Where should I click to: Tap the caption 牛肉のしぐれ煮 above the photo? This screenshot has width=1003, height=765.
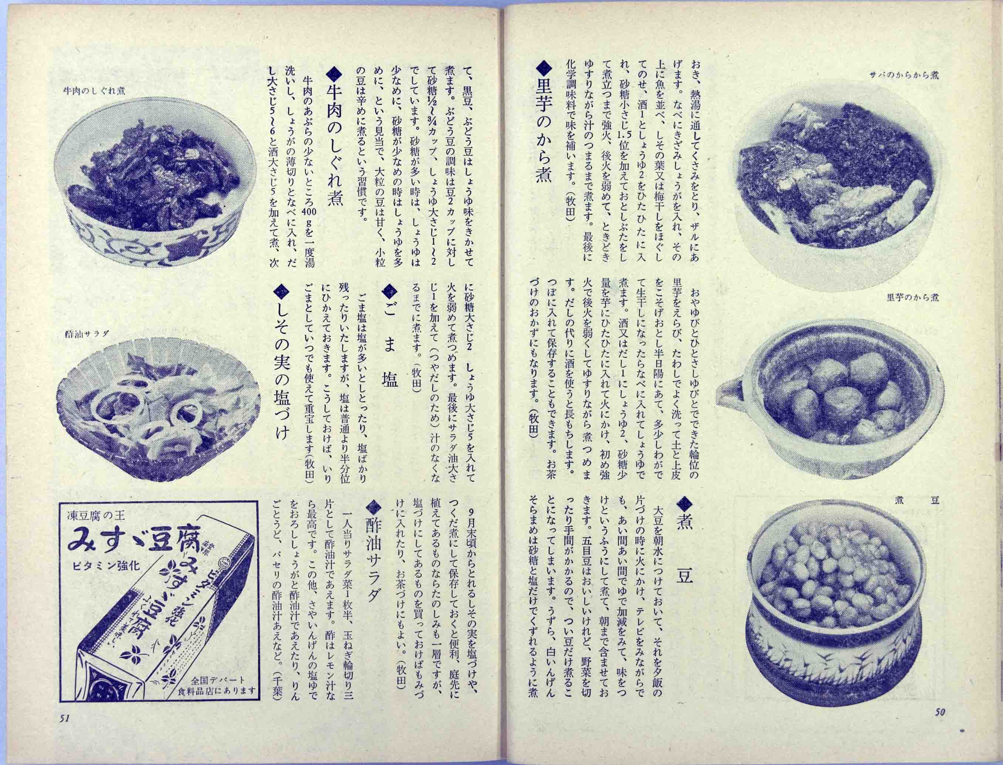pyautogui.click(x=95, y=91)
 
